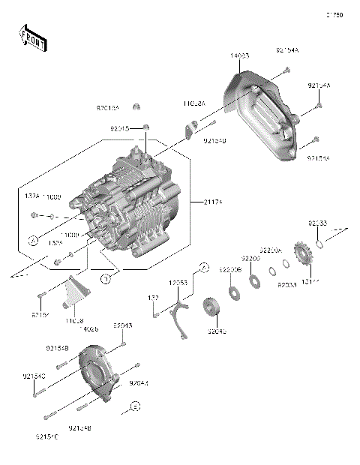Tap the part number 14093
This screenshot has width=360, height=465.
point(240,56)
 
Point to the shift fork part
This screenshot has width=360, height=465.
point(179,311)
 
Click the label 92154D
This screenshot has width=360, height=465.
point(214,140)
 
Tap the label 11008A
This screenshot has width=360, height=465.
point(193,103)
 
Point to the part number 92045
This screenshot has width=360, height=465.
point(216,331)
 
